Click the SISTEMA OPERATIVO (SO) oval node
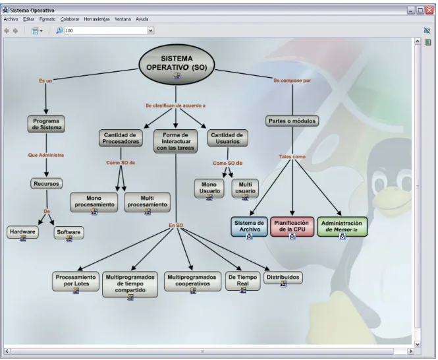tap(177, 65)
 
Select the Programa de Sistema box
tap(46, 124)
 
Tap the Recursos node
tap(46, 184)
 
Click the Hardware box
tap(22, 232)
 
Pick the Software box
tap(68, 233)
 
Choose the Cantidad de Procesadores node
tap(121, 138)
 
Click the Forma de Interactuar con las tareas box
tap(175, 141)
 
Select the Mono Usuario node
tap(209, 189)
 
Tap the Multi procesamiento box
tap(148, 202)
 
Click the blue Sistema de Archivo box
tap(249, 227)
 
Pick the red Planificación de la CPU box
tap(292, 227)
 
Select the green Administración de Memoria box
tap(342, 227)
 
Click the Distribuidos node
tap(283, 278)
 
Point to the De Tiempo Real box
tap(243, 281)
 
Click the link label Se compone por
tap(292, 80)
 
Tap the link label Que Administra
tap(46, 155)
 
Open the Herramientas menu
tap(97, 19)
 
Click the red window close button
tap(429, 11)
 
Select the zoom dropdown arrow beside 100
tap(151, 30)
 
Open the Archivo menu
tap(11, 19)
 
